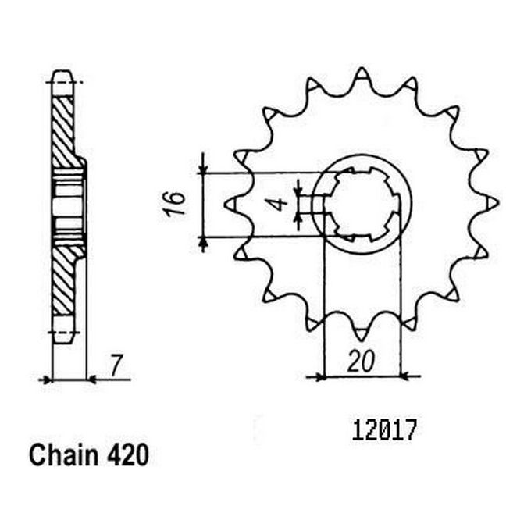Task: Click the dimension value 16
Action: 179,201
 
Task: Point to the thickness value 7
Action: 116,363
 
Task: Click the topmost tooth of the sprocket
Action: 361,76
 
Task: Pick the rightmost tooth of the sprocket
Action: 492,203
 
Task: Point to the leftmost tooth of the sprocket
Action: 230,204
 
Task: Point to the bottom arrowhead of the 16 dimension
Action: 203,242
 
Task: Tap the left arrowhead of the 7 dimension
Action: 47,380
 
